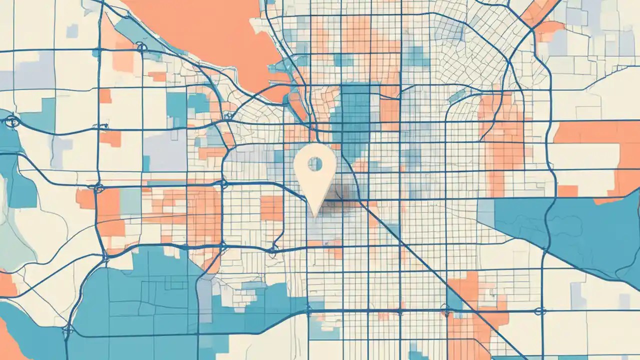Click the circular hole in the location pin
click(x=315, y=163)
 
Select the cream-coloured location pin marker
click(x=314, y=172)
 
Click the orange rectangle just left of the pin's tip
click(x=271, y=208)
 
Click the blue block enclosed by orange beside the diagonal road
click(x=454, y=300)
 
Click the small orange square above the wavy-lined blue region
click(x=567, y=191)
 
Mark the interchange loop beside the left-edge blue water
click(x=11, y=121)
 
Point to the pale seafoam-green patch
click(x=15, y=240)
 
